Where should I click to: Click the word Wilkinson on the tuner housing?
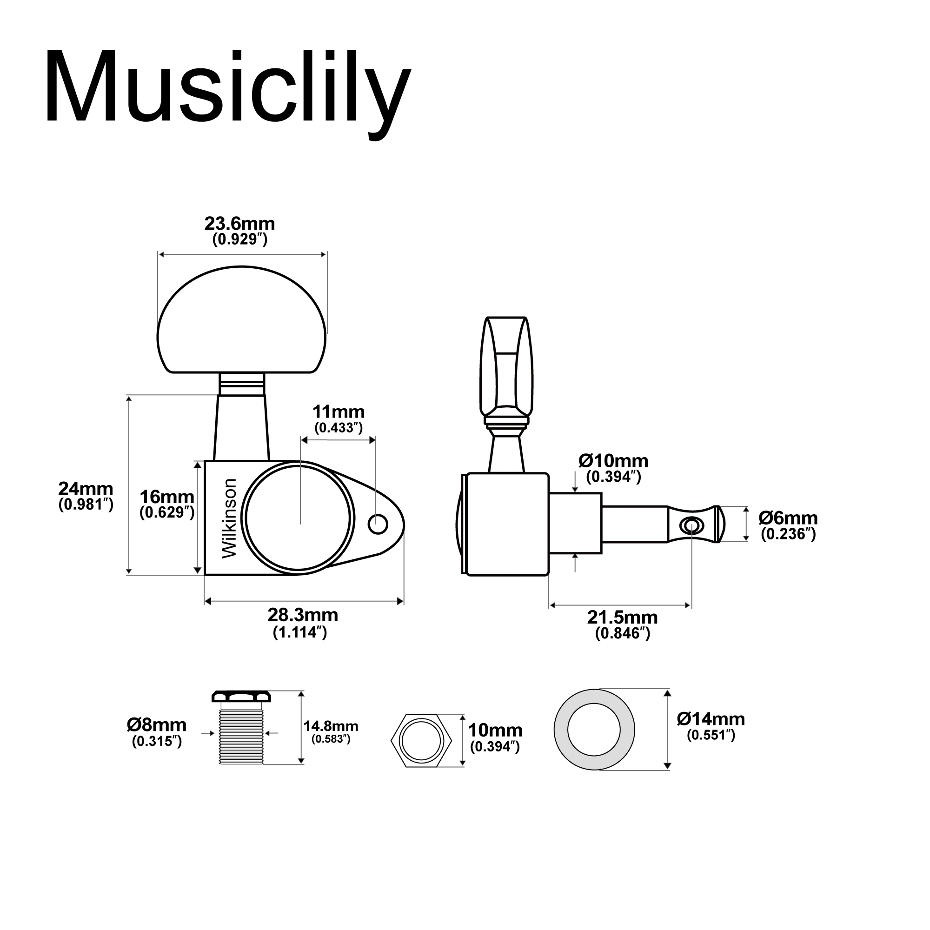coord(230,518)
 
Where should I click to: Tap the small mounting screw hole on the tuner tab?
coord(378,524)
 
